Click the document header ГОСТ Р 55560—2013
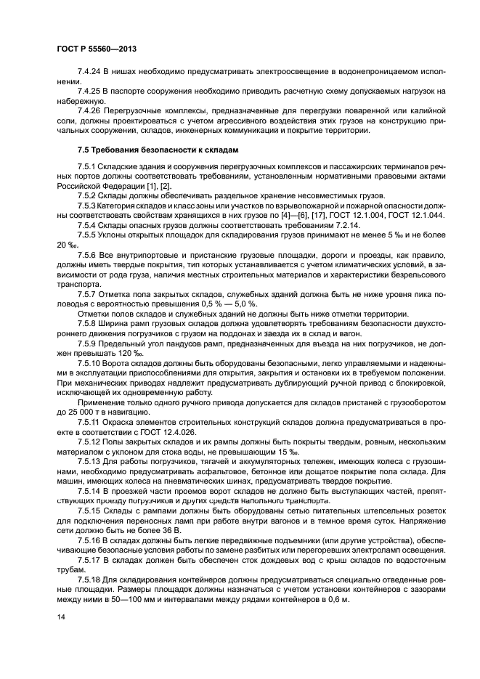[96, 48]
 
